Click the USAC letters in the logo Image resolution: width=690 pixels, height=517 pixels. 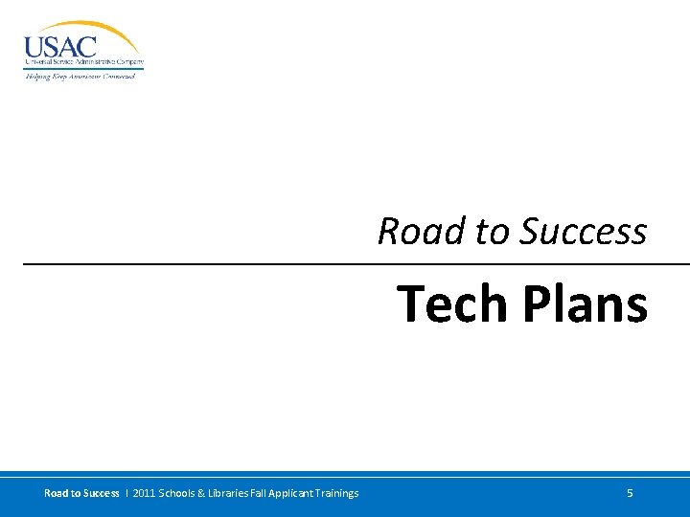click(x=59, y=45)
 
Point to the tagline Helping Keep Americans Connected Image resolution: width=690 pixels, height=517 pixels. click(x=80, y=76)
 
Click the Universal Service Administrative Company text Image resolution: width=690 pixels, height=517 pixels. click(x=83, y=62)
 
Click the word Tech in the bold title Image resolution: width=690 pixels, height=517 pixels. click(x=452, y=303)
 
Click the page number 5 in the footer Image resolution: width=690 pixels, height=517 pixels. click(x=630, y=493)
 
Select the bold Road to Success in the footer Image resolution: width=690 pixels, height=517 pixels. click(x=81, y=493)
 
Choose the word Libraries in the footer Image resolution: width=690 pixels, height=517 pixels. click(x=235, y=493)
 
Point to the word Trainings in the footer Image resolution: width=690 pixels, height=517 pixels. click(x=339, y=493)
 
